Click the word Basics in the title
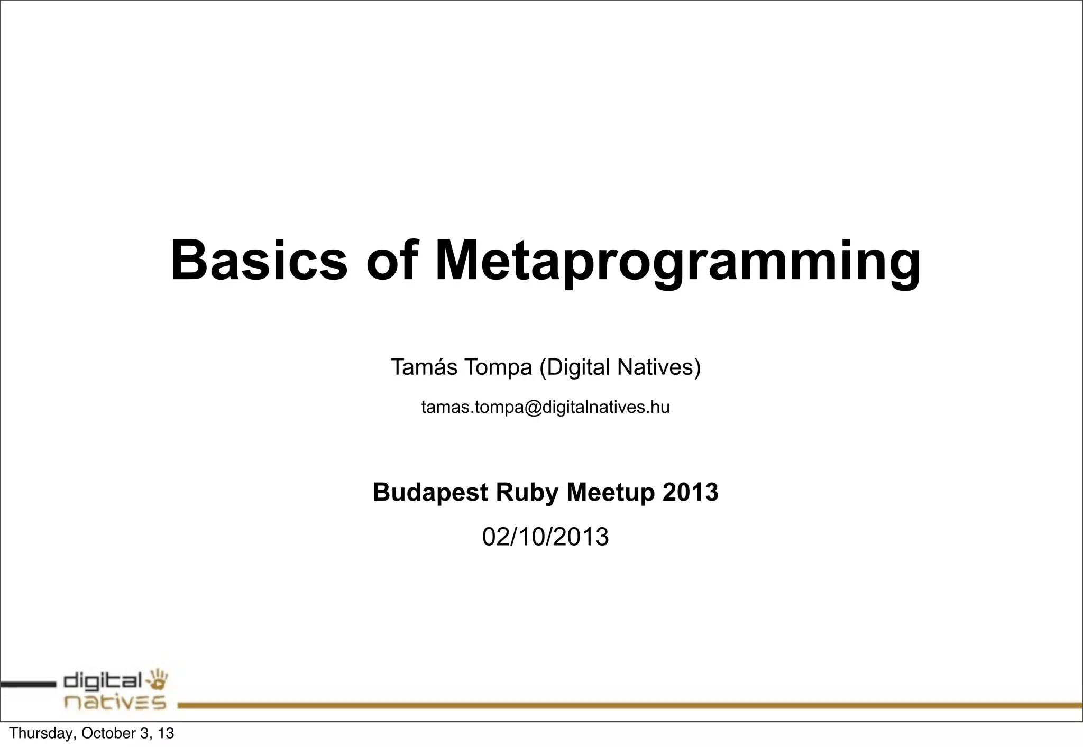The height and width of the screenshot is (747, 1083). (259, 261)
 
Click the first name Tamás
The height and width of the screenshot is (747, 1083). (424, 367)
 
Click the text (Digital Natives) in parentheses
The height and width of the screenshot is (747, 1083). (620, 367)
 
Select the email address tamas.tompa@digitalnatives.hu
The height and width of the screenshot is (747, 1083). (545, 407)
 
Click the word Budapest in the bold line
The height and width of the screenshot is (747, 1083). (430, 492)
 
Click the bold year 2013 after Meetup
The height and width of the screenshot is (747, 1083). (691, 492)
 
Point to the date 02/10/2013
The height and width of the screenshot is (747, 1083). (545, 537)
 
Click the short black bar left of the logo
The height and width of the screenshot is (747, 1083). (27, 685)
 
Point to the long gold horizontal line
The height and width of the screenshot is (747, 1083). (629, 705)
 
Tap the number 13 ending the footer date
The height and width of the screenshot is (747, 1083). (166, 733)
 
